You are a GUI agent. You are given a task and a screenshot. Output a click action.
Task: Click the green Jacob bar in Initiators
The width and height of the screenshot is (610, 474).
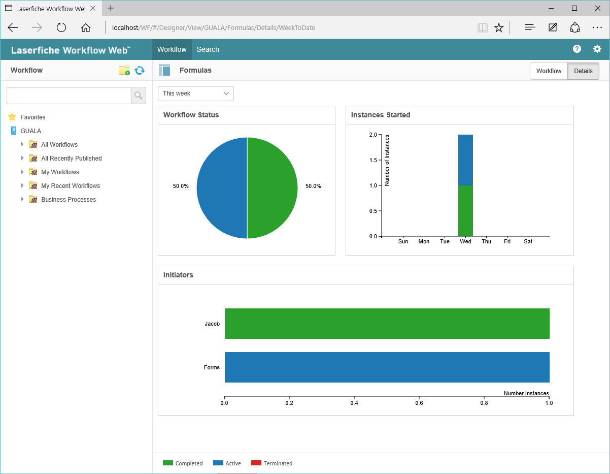pos(387,324)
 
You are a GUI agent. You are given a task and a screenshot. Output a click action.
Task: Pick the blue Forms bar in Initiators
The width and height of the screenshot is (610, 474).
pos(387,367)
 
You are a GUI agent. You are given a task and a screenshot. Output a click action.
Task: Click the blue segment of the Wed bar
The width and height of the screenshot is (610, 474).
pos(465,160)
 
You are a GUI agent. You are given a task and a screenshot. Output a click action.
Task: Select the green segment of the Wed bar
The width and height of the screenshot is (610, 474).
pos(465,211)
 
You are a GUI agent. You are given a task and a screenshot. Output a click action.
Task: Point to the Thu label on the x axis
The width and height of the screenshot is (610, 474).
pos(486,241)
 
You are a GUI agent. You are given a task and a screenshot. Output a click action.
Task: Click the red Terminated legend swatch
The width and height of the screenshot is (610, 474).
pos(256,463)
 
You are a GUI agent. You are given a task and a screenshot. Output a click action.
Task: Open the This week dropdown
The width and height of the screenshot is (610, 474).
pos(196,93)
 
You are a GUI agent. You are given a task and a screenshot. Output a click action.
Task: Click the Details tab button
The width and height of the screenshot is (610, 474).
pos(583,71)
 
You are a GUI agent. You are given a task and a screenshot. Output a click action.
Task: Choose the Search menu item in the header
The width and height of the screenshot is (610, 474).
pos(208,49)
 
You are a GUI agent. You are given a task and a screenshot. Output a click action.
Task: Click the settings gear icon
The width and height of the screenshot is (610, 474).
pos(597,49)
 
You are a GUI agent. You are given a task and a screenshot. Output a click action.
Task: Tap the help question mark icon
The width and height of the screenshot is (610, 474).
pos(577,49)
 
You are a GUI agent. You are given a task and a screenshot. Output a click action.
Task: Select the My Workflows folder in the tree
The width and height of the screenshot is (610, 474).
pos(60,172)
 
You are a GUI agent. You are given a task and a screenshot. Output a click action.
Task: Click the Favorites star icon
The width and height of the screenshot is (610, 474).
pos(12,117)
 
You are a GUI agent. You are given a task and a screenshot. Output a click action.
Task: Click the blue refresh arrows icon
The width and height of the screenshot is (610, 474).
pos(140,70)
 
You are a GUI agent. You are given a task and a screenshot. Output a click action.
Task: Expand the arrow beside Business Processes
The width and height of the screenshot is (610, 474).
pos(22,199)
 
